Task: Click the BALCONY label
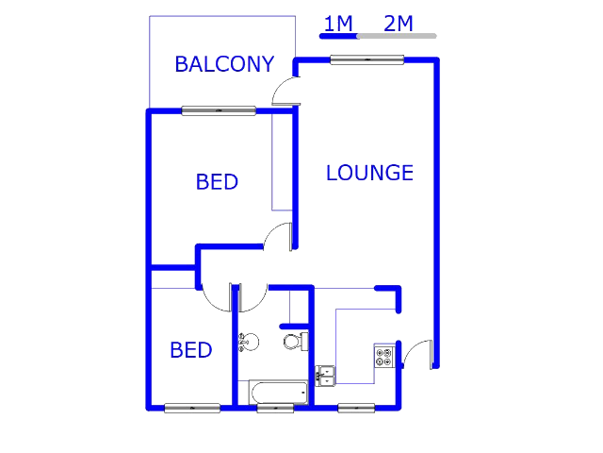[224, 64]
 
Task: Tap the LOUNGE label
[369, 173]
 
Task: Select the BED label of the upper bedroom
[217, 182]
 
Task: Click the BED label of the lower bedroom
[191, 350]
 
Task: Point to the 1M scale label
[338, 24]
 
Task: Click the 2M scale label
[399, 24]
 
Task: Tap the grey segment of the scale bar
[397, 36]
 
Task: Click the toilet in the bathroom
[296, 342]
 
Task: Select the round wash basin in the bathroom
[249, 342]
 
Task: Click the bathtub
[279, 393]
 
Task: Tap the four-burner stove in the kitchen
[384, 357]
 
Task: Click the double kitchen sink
[325, 376]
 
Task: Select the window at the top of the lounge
[367, 59]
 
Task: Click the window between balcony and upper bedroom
[219, 111]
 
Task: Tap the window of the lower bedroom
[192, 408]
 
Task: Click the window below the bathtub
[275, 408]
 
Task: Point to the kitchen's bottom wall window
[356, 408]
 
